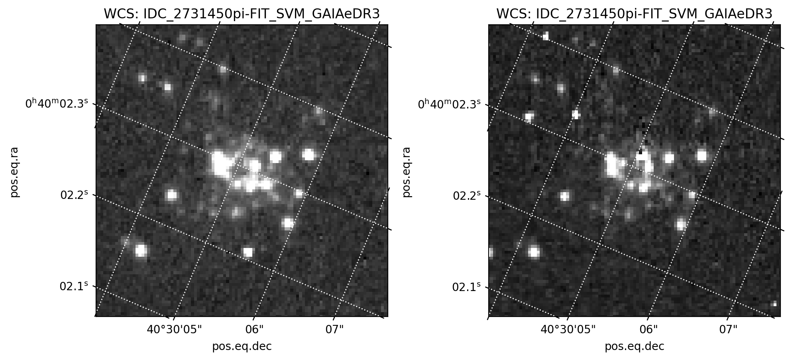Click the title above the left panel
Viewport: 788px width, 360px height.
242,14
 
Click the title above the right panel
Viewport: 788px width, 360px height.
634,14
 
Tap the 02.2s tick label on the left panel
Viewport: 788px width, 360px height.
74,195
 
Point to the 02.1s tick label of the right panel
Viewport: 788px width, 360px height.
466,287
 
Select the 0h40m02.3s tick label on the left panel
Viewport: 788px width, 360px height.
57,104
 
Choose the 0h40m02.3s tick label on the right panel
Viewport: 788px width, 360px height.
449,104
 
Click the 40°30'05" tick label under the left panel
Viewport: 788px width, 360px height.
175,330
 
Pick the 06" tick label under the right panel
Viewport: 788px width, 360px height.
648,330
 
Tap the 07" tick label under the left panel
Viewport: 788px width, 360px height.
334,330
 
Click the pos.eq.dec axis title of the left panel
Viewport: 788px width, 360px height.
242,346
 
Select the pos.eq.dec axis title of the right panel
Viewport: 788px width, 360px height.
634,346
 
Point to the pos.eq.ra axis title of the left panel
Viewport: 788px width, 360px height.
14,172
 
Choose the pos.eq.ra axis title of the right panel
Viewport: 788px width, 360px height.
407,172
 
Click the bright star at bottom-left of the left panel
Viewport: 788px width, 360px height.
141,250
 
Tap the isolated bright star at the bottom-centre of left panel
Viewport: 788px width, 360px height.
248,252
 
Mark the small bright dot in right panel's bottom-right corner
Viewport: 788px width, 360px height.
774,304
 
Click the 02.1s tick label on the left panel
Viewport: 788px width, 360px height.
74,286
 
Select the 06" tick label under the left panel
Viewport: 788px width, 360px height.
255,330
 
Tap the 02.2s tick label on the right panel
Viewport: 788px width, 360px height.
467,195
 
